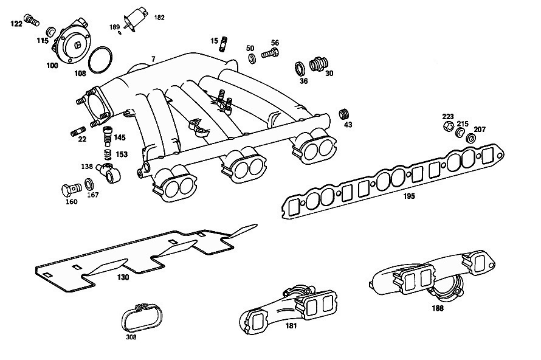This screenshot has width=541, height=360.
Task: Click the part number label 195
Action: pyautogui.click(x=408, y=196)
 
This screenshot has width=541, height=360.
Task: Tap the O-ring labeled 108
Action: pyautogui.click(x=99, y=60)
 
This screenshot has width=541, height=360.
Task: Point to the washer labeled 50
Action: pyautogui.click(x=250, y=59)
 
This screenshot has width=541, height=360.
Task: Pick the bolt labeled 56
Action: pyautogui.click(x=270, y=54)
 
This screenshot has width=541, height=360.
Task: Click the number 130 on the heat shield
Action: pyautogui.click(x=123, y=277)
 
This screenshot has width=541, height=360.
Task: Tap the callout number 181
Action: pyautogui.click(x=292, y=327)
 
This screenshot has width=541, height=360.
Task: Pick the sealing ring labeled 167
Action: pyautogui.click(x=89, y=184)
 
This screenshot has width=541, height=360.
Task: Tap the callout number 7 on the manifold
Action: pyautogui.click(x=153, y=58)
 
